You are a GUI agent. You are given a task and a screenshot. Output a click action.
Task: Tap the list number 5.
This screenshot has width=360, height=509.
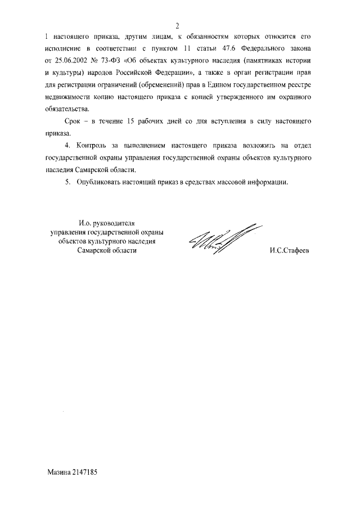tap(67, 183)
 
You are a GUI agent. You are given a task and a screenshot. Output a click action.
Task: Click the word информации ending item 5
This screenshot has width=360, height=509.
tap(265, 183)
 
